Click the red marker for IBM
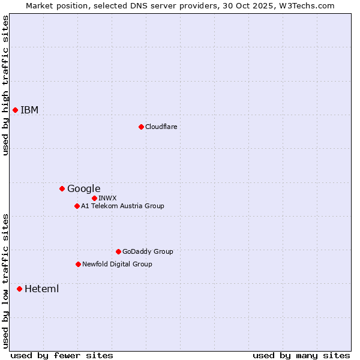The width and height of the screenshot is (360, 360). [15, 110]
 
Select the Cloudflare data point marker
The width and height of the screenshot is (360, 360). [141, 127]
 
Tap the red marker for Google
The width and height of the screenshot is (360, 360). [62, 188]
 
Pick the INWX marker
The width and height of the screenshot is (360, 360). [94, 198]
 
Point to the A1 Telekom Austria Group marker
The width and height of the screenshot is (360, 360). [77, 206]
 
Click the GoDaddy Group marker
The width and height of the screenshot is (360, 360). [118, 251]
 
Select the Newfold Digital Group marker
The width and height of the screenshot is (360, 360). [78, 264]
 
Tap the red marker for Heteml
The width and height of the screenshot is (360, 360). [19, 289]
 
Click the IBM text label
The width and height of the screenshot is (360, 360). [29, 110]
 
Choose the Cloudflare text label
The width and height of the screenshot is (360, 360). [161, 127]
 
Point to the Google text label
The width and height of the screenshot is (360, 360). [83, 188]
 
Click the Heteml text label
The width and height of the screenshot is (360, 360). [41, 289]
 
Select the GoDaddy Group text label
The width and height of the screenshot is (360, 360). [148, 251]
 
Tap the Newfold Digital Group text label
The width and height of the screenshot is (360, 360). [117, 264]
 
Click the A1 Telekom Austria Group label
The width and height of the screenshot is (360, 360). [122, 206]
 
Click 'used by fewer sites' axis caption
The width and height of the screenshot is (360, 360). [62, 355]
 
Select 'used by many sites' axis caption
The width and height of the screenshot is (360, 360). [301, 355]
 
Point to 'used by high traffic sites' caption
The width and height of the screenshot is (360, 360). [5, 85]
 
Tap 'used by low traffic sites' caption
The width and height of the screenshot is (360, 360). [5, 280]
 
